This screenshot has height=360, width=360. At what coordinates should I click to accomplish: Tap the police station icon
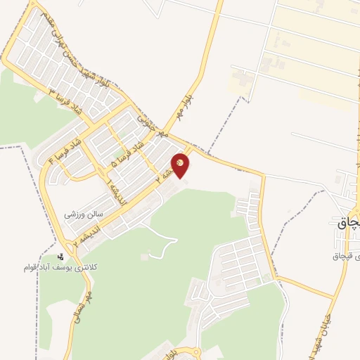pos(61,257)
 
